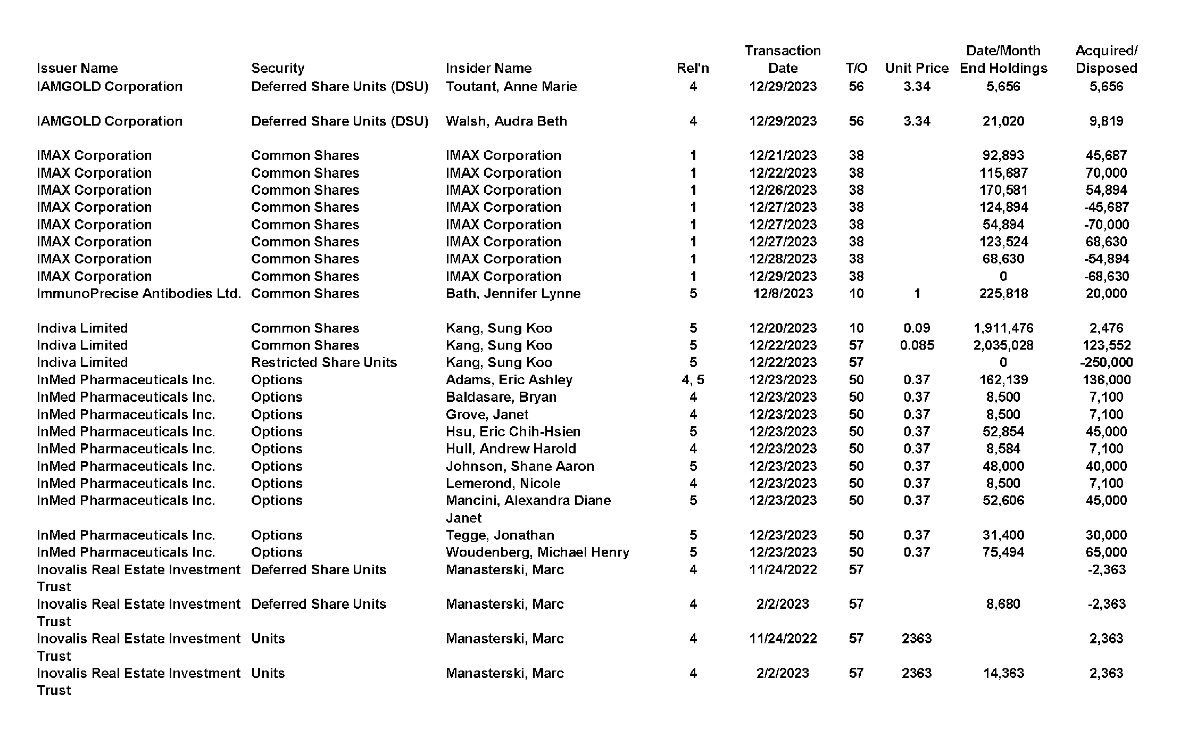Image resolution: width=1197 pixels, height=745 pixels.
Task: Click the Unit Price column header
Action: (x=917, y=68)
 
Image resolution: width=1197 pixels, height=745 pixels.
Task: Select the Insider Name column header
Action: (x=488, y=68)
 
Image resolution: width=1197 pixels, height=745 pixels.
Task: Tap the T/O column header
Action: (x=856, y=68)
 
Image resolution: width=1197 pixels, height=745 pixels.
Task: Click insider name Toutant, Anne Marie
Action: (x=511, y=86)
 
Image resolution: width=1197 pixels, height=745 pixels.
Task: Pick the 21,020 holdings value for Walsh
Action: (x=1003, y=121)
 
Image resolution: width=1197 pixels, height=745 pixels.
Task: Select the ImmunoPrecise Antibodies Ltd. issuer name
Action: (x=138, y=293)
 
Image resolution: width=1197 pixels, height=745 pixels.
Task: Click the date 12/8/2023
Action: (x=783, y=293)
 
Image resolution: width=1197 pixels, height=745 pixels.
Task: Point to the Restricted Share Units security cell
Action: (x=323, y=362)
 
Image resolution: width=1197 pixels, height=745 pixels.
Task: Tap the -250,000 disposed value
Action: (x=1106, y=362)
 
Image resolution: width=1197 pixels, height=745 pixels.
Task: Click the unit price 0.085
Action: (x=917, y=345)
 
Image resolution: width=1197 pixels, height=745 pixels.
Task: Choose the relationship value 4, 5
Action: (x=693, y=379)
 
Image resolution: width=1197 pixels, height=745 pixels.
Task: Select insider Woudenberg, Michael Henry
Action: (x=537, y=552)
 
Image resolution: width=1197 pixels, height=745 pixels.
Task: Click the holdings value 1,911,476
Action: (x=1003, y=328)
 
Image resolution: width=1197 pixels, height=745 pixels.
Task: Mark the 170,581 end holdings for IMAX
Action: (x=1003, y=190)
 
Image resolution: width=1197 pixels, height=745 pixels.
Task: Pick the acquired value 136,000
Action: (x=1106, y=379)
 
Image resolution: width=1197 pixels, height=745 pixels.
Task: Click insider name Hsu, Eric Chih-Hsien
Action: (x=513, y=432)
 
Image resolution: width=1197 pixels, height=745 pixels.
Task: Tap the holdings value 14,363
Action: (x=1003, y=673)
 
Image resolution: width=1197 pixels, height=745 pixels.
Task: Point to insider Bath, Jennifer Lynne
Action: (x=513, y=293)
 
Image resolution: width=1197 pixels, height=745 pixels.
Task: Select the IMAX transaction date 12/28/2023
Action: (x=783, y=259)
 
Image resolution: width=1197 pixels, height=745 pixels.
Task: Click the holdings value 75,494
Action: (x=1003, y=552)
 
